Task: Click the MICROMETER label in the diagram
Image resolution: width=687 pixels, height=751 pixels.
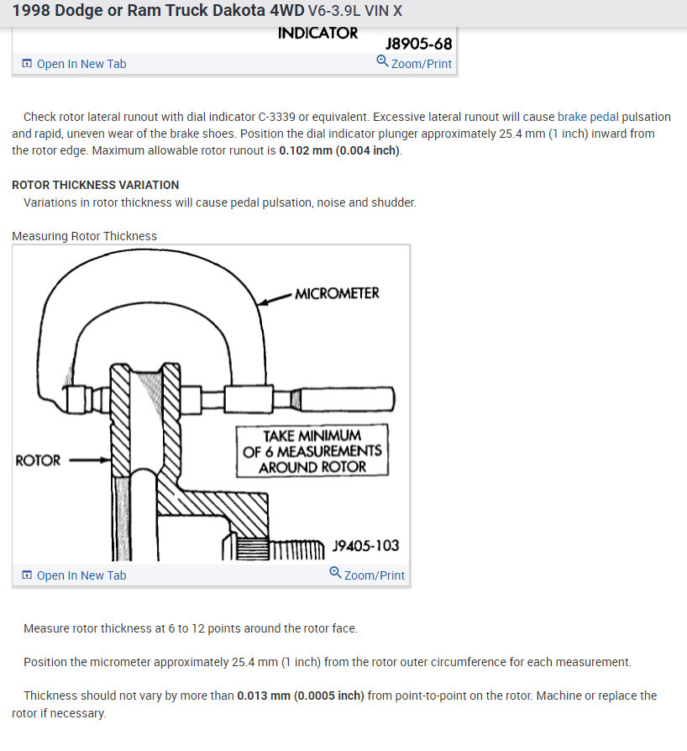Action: pyautogui.click(x=337, y=293)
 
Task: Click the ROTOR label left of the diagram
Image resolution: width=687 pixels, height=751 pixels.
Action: pyautogui.click(x=39, y=460)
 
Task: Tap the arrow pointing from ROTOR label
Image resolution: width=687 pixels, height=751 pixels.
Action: pyautogui.click(x=89, y=460)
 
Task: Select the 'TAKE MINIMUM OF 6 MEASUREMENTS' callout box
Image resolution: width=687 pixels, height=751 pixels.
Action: pyautogui.click(x=312, y=451)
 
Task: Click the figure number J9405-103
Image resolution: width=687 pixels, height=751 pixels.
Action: pyautogui.click(x=365, y=546)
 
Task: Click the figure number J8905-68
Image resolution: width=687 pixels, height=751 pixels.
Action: pyautogui.click(x=418, y=43)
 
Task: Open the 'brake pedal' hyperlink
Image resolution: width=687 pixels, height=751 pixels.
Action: pyautogui.click(x=588, y=117)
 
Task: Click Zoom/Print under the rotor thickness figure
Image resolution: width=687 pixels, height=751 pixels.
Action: pyautogui.click(x=367, y=575)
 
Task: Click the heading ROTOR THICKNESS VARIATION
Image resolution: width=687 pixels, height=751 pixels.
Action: pyautogui.click(x=95, y=185)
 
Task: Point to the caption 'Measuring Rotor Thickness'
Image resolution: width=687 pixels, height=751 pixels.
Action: pyautogui.click(x=84, y=236)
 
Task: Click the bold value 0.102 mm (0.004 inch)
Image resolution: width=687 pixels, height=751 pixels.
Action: pyautogui.click(x=340, y=150)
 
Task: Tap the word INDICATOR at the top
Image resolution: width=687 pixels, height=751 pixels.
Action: pyautogui.click(x=317, y=34)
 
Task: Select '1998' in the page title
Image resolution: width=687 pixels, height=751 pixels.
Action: pyautogui.click(x=31, y=13)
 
